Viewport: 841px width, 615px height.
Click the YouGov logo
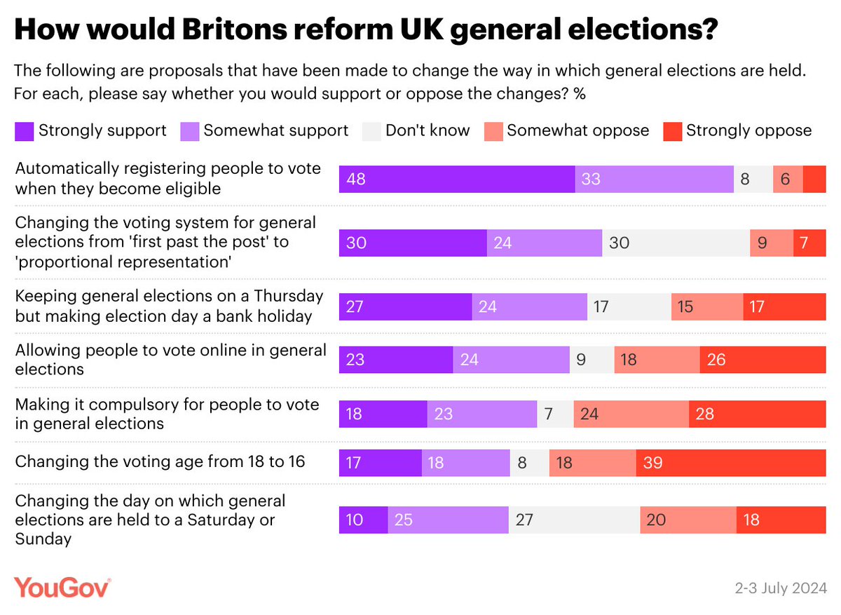click(62, 588)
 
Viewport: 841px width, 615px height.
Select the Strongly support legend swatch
click(24, 130)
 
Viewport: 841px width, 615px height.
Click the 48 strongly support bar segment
click(457, 180)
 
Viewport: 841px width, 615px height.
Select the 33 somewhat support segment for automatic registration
click(655, 180)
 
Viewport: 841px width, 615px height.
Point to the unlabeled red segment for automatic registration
click(814, 180)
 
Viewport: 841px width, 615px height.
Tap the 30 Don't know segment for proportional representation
click(676, 243)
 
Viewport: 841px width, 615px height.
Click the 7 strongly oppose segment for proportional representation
click(809, 243)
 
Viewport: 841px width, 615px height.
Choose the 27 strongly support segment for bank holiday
click(405, 306)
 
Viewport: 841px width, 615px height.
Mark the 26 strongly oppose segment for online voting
click(763, 360)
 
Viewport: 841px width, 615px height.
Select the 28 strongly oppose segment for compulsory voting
click(757, 414)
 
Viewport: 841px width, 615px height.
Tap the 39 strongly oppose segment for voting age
click(731, 463)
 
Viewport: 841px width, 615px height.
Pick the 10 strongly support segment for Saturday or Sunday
click(363, 520)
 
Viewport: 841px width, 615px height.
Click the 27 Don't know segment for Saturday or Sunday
click(574, 520)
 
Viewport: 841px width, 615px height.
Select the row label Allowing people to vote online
click(170, 359)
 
